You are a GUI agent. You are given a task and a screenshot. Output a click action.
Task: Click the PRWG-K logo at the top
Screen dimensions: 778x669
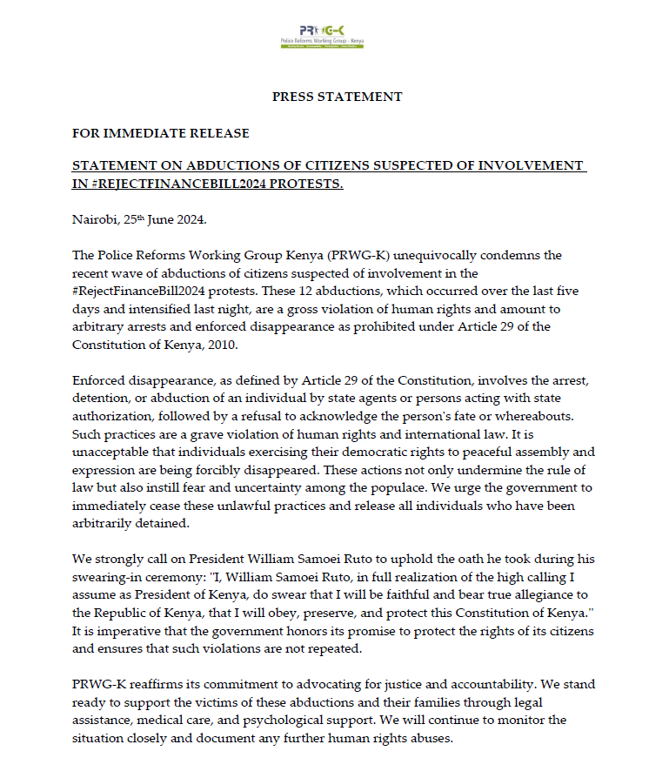click(x=322, y=36)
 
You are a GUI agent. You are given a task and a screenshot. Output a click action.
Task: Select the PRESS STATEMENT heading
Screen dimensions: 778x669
click(x=338, y=97)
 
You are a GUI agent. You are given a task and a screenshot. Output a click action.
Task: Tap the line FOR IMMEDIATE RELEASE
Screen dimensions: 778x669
click(x=160, y=133)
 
